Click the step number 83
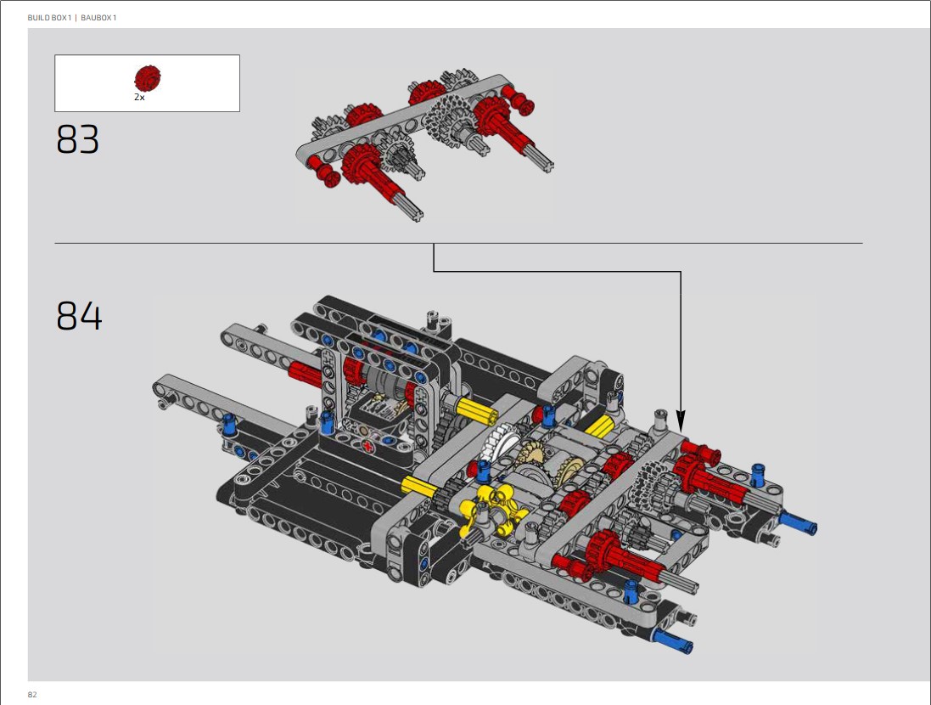coord(78,139)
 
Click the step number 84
coord(79,315)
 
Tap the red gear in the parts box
coord(147,78)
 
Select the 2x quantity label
coord(139,97)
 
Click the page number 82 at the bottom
coord(32,694)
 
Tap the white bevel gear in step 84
coord(497,443)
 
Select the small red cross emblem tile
coord(368,447)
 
